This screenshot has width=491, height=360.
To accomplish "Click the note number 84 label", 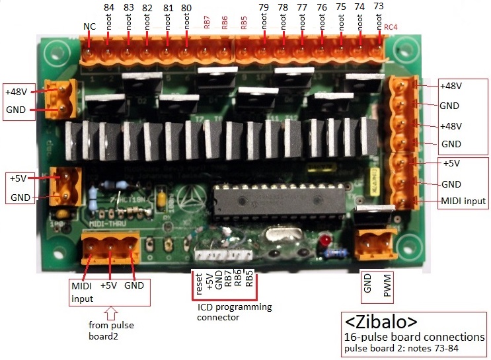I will coord(109,8).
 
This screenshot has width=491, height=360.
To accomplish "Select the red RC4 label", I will coord(391,28).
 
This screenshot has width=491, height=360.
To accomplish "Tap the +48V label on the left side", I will coord(17,90).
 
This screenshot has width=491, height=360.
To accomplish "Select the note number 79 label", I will coord(264,8).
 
